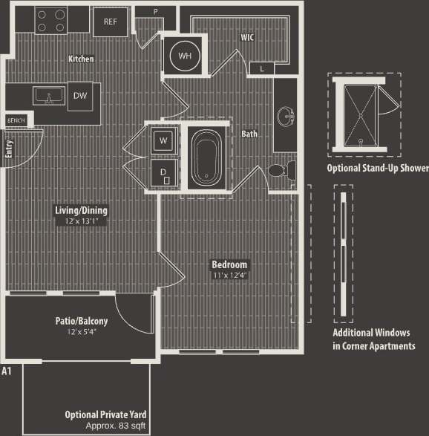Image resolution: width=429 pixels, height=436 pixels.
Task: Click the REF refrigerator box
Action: (110, 22)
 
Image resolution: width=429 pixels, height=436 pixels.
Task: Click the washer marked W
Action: (163, 139)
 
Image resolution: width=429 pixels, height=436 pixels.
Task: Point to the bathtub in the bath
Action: (204, 159)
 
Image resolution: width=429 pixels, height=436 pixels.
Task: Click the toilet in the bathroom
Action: (277, 170)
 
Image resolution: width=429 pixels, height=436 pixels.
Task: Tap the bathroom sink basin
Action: (285, 117)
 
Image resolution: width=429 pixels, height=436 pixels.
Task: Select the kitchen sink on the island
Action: (49, 97)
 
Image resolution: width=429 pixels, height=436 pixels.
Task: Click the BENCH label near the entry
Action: (16, 120)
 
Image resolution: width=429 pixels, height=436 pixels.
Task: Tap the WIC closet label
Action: (248, 36)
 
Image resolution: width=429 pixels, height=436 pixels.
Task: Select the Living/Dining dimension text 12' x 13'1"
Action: (81, 221)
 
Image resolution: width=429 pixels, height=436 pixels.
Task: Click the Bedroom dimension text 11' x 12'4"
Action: (230, 276)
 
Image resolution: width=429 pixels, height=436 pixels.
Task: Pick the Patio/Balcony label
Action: (82, 321)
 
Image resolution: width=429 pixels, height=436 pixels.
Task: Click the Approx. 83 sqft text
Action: (115, 426)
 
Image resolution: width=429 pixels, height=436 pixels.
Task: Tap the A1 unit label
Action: (7, 370)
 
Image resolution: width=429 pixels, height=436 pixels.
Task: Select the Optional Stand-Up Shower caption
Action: (378, 169)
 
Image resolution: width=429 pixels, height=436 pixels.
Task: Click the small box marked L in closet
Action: (261, 69)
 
